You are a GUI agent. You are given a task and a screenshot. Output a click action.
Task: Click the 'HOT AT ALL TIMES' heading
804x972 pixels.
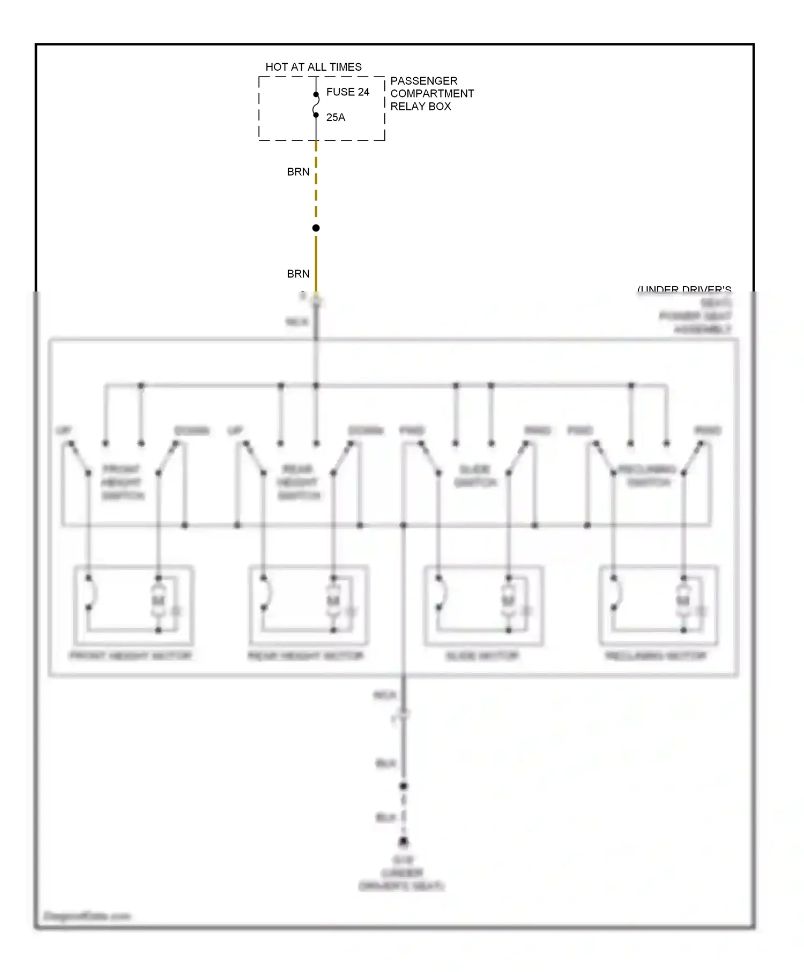click(x=314, y=67)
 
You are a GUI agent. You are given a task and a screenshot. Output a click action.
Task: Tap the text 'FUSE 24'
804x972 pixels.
click(x=347, y=92)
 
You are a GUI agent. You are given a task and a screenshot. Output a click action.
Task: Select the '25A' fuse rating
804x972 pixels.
click(x=336, y=117)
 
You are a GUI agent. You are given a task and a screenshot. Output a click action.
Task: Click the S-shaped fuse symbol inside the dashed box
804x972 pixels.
click(x=316, y=104)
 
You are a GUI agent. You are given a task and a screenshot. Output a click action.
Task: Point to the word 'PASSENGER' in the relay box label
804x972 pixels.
click(x=423, y=81)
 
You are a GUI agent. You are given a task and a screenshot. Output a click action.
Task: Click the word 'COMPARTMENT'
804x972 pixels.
click(x=432, y=94)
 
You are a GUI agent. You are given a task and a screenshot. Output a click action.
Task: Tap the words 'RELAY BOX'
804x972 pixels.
click(x=420, y=107)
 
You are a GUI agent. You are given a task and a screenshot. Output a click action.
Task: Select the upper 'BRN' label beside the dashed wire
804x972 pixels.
click(x=298, y=172)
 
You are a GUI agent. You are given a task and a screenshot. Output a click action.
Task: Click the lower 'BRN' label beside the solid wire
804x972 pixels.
click(x=298, y=274)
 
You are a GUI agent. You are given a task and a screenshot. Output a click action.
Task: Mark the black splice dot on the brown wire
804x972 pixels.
click(x=316, y=228)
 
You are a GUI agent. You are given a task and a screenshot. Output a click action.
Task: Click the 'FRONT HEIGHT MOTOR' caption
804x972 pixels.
click(x=131, y=656)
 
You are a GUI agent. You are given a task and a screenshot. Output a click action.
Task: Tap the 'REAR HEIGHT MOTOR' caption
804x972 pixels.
click(x=306, y=656)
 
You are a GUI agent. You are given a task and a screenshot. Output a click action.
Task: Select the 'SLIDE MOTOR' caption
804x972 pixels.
click(x=482, y=656)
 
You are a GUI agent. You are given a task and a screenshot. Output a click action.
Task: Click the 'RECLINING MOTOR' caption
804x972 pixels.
click(x=656, y=656)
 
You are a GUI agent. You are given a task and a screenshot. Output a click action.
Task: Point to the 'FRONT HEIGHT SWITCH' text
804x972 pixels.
click(x=122, y=482)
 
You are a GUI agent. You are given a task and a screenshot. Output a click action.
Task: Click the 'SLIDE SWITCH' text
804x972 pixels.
click(x=475, y=476)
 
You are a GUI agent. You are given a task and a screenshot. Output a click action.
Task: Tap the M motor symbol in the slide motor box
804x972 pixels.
click(x=508, y=601)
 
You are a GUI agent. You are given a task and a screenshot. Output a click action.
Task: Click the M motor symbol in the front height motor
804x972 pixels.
click(x=158, y=601)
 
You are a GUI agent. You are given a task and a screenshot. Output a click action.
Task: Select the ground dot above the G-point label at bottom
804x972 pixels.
click(x=404, y=842)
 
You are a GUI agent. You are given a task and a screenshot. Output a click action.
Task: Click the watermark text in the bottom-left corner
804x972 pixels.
click(x=87, y=916)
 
